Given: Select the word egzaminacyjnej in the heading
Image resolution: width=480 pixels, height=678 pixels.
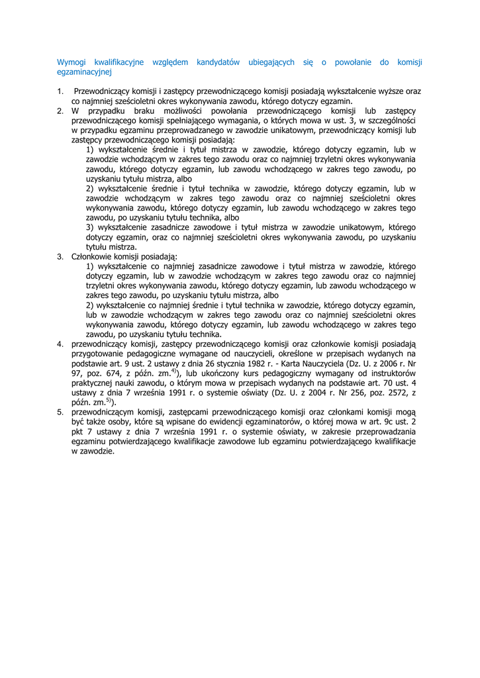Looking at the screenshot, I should tap(84, 72).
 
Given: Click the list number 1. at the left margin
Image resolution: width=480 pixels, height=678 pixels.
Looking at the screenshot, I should tap(60, 91).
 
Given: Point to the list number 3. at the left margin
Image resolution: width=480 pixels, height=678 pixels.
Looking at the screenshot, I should tap(60, 256).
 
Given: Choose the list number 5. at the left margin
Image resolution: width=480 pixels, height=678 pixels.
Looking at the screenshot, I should tap(60, 412).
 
